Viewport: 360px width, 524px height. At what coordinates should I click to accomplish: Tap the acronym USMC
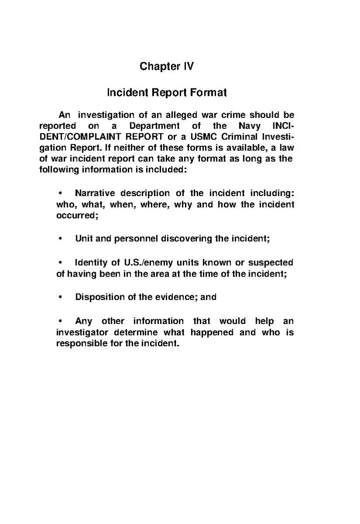tap(194, 137)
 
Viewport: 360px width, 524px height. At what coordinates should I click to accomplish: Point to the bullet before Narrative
tap(60, 193)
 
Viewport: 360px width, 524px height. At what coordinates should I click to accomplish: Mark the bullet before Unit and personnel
tap(60, 239)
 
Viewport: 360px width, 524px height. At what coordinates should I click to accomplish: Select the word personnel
tap(136, 239)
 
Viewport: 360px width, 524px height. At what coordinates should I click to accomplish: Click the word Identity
tap(91, 263)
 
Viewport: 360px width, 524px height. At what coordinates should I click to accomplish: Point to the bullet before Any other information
tap(60, 321)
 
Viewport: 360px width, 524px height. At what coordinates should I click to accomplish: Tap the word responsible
tap(82, 343)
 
